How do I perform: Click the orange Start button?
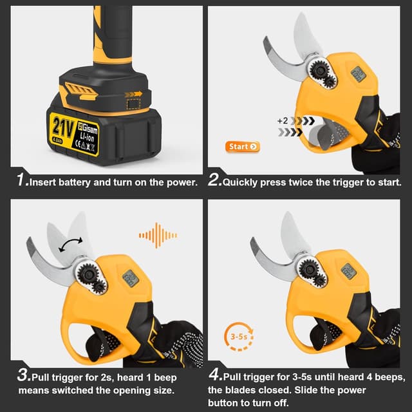(243, 147)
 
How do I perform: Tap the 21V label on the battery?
(63, 128)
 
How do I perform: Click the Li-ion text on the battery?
(87, 137)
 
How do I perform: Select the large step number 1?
(22, 180)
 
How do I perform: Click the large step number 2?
(215, 180)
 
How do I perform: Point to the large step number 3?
(24, 375)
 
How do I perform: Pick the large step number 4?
(216, 375)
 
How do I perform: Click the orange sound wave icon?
(158, 235)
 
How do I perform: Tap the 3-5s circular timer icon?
(239, 337)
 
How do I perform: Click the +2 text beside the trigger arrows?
(283, 120)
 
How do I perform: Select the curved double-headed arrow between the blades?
(70, 245)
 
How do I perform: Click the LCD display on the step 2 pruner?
(359, 74)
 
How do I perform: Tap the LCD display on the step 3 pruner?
(130, 279)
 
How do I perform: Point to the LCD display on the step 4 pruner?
(349, 270)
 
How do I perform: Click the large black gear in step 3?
(88, 274)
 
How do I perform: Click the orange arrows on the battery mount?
(133, 94)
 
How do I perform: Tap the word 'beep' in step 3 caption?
(165, 378)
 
